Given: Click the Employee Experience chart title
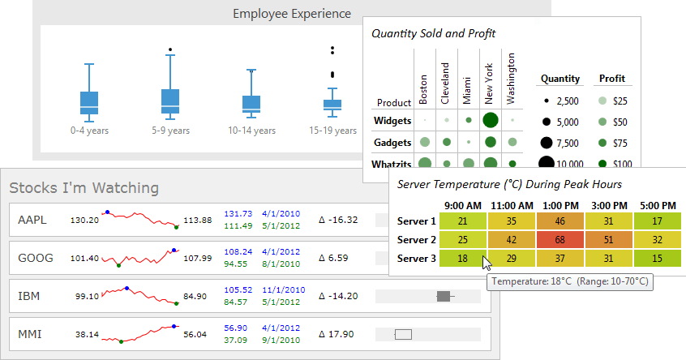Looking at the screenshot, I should click(292, 14).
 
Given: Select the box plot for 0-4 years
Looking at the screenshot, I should click(89, 102).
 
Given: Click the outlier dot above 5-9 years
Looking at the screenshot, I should click(170, 49).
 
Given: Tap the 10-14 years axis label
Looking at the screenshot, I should click(251, 130).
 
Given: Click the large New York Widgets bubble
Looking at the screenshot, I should click(490, 121).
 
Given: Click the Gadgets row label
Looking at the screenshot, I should click(392, 142).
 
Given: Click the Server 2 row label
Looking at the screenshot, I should click(417, 240).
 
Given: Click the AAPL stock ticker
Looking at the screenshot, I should click(32, 220).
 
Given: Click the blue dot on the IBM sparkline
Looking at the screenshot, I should click(126, 289).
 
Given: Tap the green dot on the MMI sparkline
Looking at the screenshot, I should click(121, 341).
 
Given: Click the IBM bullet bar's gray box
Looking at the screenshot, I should click(443, 296).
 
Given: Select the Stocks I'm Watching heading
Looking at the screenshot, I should click(84, 188).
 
